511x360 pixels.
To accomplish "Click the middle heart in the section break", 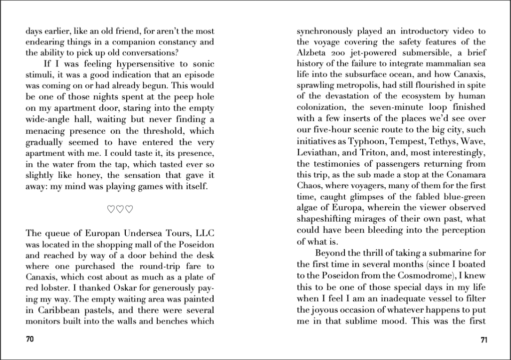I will (x=120, y=209).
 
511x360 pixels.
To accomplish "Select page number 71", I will (x=484, y=340).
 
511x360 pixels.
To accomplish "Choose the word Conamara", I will (x=465, y=175).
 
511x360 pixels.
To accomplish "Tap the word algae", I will (x=308, y=208).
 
